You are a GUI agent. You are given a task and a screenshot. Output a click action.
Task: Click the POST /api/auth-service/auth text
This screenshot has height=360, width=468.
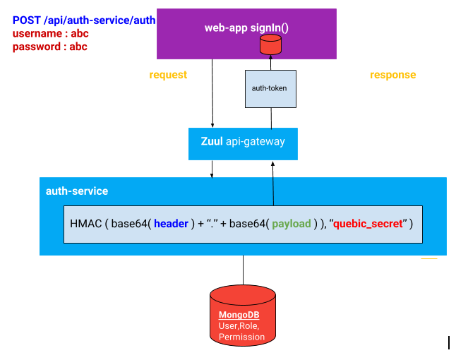tap(83, 20)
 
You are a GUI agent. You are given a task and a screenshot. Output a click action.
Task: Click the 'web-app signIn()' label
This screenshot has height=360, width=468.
tap(246, 28)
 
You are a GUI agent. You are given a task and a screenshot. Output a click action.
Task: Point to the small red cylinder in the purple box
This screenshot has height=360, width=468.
tap(270, 45)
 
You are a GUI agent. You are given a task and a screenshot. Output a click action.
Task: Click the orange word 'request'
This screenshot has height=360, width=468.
tap(168, 75)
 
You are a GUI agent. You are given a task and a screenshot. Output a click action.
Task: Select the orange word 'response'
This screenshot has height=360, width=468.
tap(392, 75)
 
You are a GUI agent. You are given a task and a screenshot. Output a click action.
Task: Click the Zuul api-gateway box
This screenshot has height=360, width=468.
tap(243, 142)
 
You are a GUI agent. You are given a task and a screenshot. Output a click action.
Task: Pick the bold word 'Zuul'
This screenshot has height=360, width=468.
tap(212, 142)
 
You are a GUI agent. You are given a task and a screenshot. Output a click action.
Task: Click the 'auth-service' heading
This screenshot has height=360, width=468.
tap(77, 191)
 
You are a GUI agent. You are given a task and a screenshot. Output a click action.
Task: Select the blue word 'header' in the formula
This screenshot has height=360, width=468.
tap(171, 224)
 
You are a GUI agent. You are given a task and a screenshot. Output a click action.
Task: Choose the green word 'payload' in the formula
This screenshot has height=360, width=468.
tap(292, 224)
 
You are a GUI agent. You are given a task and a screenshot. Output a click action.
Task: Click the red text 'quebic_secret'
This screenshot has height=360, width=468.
tap(368, 224)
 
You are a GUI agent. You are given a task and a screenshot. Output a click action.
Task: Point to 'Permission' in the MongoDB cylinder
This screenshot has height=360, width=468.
tap(241, 337)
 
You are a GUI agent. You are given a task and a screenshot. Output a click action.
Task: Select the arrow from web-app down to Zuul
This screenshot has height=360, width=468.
tap(212, 92)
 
